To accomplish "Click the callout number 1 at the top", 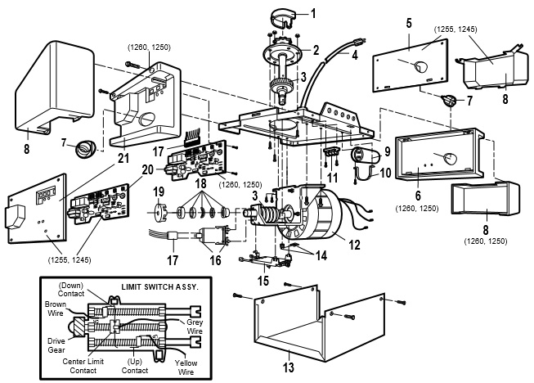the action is click(313, 14).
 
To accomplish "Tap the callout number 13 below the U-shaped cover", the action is click(288, 367).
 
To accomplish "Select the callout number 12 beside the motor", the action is click(354, 245).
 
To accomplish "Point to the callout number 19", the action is click(159, 191).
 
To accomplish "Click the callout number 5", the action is click(409, 24).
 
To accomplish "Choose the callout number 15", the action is click(263, 281).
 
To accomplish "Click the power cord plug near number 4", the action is click(359, 43).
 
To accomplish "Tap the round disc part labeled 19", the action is click(159, 213).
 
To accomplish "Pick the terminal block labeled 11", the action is click(331, 153).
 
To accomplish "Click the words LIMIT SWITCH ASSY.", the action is click(159, 287).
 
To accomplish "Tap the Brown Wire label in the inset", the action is click(56, 309).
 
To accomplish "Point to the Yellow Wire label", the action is click(186, 367).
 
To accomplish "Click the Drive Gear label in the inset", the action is click(56, 345).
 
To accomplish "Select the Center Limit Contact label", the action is click(83, 366).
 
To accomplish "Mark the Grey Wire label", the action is click(195, 327).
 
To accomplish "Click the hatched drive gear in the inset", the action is click(80, 327).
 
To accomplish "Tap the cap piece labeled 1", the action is click(284, 19).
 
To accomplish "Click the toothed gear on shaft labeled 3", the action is click(281, 83).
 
